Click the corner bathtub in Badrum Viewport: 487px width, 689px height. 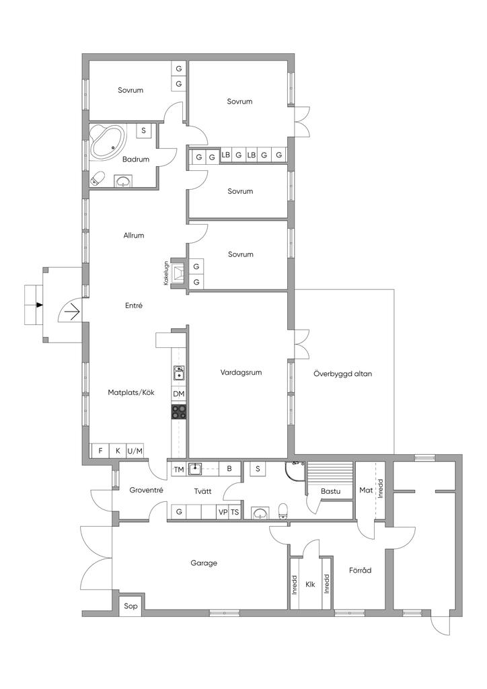(x=107, y=141)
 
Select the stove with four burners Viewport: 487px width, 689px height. (x=179, y=411)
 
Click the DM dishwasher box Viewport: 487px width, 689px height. (x=179, y=394)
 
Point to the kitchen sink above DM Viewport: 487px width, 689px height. (x=179, y=373)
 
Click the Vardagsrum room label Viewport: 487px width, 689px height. (x=241, y=372)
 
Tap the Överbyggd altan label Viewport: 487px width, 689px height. (x=343, y=374)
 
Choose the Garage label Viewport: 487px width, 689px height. (x=204, y=563)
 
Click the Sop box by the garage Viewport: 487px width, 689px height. (x=130, y=606)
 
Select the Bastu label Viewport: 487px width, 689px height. (x=331, y=491)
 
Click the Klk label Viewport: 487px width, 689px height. (x=310, y=584)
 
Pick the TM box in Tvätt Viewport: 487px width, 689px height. (x=179, y=469)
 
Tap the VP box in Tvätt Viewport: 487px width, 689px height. (x=223, y=512)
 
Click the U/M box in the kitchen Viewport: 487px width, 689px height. (x=135, y=451)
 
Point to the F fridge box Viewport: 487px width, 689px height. (x=101, y=451)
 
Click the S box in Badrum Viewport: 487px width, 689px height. (x=143, y=131)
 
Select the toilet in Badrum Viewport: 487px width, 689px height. (x=98, y=178)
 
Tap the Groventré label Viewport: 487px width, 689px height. (x=146, y=490)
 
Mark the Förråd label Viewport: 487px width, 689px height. (x=360, y=570)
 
